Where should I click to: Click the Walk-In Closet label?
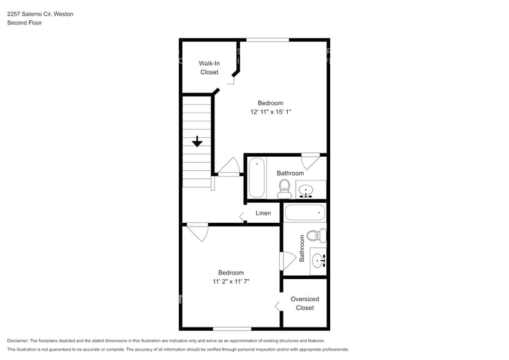[x=209, y=67]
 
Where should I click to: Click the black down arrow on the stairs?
[x=197, y=142]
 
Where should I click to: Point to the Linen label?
[x=263, y=213]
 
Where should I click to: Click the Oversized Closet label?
[x=304, y=303]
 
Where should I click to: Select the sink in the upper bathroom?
[x=307, y=192]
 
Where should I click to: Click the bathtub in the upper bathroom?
[x=257, y=178]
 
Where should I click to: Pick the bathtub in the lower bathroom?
[x=304, y=214]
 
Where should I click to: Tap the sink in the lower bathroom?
[x=319, y=261]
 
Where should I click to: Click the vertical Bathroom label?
[x=301, y=249]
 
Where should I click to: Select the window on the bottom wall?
[x=232, y=329]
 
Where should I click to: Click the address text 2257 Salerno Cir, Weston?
[x=40, y=13]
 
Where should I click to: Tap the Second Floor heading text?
[x=24, y=23]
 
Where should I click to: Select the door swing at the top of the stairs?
[x=230, y=167]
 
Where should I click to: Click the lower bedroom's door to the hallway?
[x=198, y=232]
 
